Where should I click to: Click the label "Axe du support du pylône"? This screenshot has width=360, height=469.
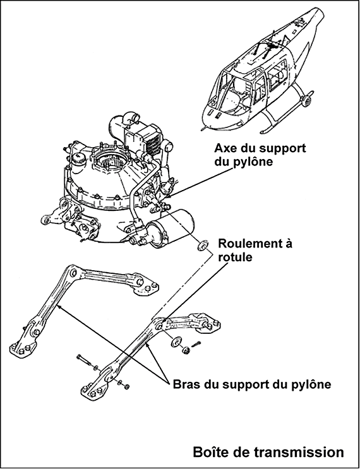pos(260,155)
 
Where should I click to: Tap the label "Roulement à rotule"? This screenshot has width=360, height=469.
pos(255,251)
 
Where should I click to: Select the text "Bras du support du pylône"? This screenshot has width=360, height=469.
pos(252,384)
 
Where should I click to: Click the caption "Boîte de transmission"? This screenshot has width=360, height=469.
pos(268,452)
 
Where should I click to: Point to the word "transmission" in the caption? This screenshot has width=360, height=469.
pos(300,452)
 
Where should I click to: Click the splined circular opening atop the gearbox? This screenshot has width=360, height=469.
pos(111,161)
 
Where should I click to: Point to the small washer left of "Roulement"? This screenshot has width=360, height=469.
pos(203,246)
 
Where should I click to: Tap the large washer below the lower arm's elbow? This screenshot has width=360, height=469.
pos(176,341)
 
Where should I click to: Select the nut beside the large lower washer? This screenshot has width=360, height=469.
pos(186,350)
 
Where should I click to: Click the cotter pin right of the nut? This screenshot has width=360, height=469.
pos(196,344)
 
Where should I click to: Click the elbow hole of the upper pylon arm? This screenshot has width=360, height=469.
pos(73,272)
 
